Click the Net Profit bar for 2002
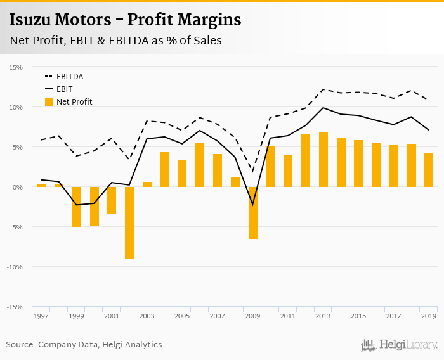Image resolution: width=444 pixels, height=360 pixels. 129,222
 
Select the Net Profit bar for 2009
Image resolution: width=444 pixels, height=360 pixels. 253,212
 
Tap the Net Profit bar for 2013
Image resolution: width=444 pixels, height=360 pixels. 323,159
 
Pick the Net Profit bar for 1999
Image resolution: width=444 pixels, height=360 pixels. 77,207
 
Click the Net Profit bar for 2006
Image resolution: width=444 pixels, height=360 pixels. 200,164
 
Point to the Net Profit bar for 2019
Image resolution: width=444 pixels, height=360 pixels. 429,170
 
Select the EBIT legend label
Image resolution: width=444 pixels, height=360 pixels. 65,89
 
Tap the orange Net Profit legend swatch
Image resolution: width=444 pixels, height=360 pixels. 49,101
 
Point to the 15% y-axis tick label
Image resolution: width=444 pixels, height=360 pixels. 16,67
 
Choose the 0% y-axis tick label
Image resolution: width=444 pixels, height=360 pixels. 18,187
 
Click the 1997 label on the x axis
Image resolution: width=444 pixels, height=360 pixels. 41,316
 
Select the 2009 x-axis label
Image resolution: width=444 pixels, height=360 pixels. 253,316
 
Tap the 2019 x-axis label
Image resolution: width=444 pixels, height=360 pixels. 429,316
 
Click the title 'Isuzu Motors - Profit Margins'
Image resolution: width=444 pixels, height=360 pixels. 126,20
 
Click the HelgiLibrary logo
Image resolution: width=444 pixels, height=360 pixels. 400,345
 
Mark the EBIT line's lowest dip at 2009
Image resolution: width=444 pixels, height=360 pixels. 253,205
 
